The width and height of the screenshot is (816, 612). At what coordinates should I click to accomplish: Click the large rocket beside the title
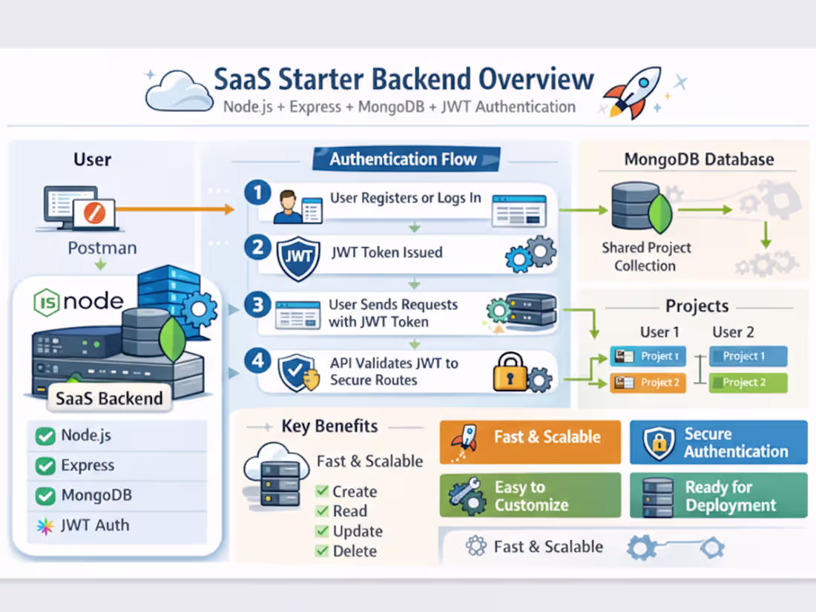click(x=632, y=91)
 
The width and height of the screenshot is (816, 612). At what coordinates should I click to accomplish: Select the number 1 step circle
click(x=257, y=194)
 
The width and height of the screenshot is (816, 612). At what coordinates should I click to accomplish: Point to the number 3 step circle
click(x=257, y=305)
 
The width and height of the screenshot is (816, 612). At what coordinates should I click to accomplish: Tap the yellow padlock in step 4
click(x=510, y=373)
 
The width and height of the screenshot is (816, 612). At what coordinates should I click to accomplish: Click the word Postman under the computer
click(x=102, y=248)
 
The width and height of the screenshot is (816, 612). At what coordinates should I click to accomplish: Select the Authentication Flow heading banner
click(x=403, y=159)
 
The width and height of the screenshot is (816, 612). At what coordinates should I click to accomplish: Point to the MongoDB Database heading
click(x=699, y=159)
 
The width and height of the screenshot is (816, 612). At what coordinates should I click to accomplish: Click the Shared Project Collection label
click(x=646, y=257)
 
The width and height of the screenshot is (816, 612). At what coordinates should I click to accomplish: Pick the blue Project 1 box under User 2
click(x=748, y=356)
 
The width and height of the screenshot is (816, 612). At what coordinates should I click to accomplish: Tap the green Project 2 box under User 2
click(x=748, y=383)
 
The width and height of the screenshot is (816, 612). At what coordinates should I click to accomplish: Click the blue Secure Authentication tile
click(x=718, y=442)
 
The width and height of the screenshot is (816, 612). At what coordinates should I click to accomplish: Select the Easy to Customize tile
click(x=530, y=496)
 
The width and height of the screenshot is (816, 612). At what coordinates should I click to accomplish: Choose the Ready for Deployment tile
click(x=718, y=496)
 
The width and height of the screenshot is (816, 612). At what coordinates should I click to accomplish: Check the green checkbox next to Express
click(x=45, y=466)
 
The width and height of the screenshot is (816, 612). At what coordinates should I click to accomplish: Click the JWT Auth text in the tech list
click(x=95, y=525)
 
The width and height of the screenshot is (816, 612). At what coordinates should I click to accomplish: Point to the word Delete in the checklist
click(x=355, y=550)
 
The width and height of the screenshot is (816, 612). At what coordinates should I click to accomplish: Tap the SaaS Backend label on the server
click(x=109, y=398)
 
